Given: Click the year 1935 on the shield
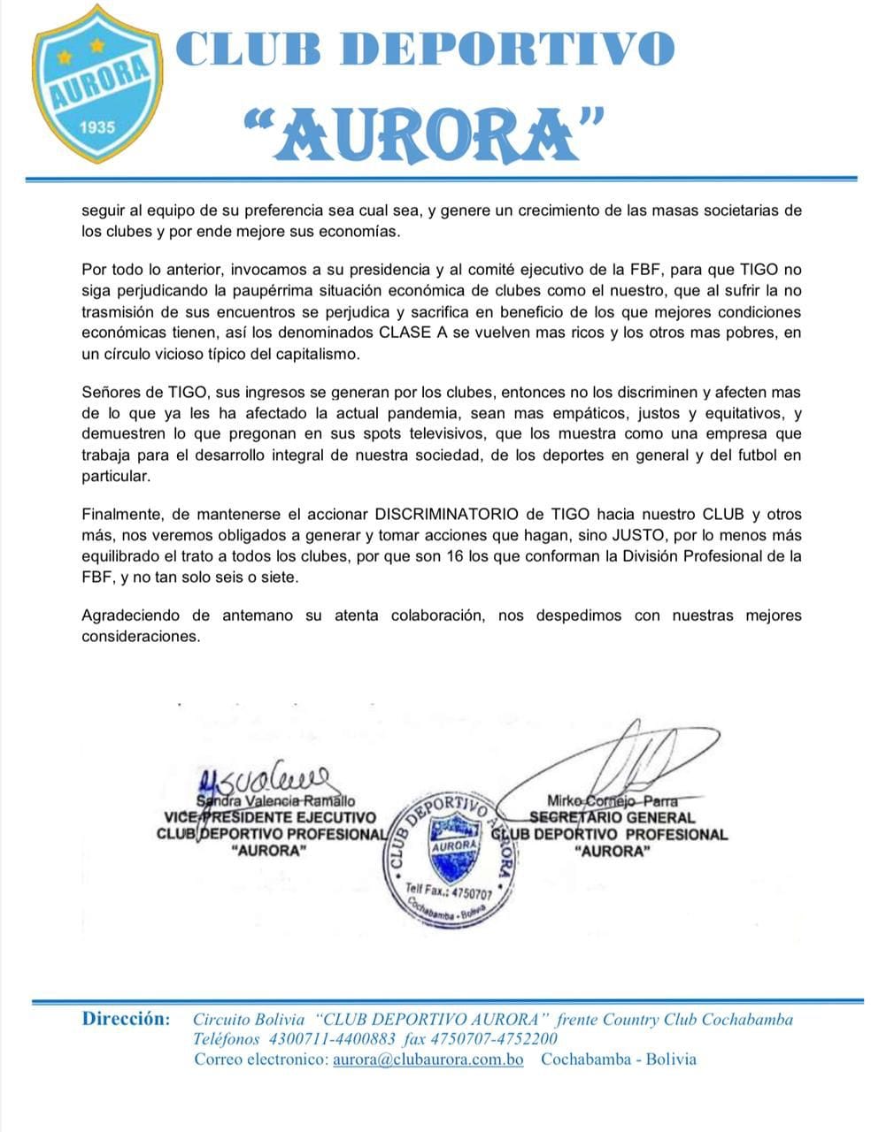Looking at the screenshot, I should pyautogui.click(x=97, y=126).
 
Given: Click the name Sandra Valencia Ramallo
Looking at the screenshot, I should pyautogui.click(x=275, y=801).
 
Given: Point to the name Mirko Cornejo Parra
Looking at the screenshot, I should pyautogui.click(x=613, y=801).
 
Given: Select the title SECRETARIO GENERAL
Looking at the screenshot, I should pyautogui.click(x=613, y=817).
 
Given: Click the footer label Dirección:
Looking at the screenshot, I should pyautogui.click(x=126, y=1019).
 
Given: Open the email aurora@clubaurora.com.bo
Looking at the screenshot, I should pyautogui.click(x=428, y=1059).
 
